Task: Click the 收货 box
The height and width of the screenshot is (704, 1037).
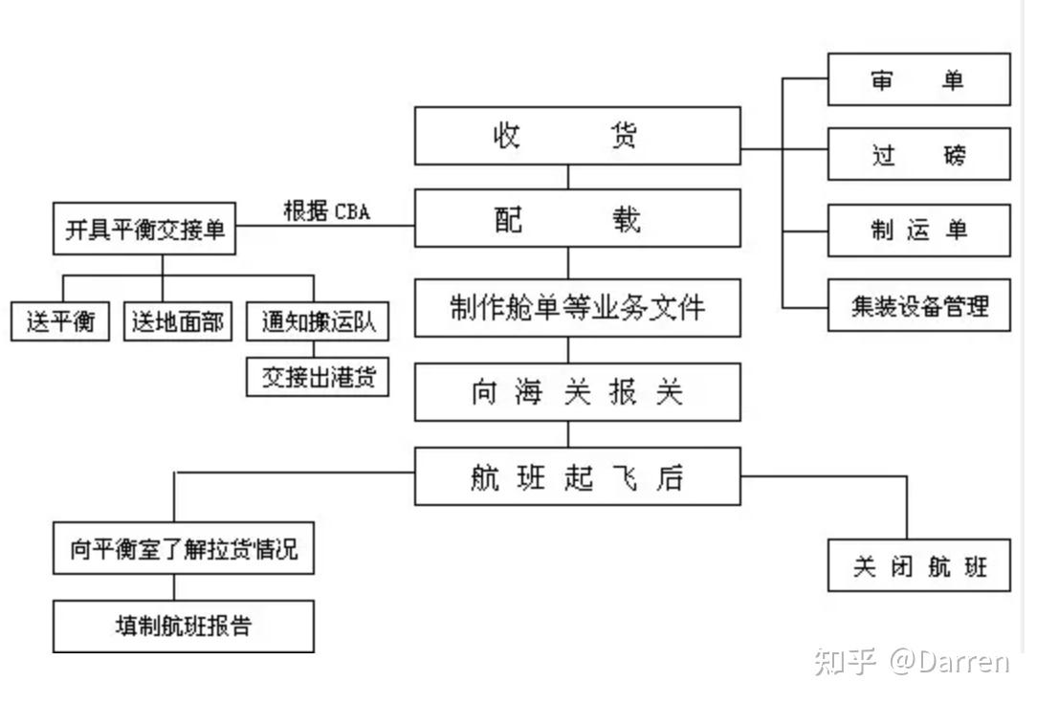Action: [x=577, y=135]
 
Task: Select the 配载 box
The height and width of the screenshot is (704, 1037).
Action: [x=577, y=218]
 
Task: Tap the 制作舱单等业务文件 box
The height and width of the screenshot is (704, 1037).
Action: [x=577, y=307]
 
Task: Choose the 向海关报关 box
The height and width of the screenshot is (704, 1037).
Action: [x=577, y=392]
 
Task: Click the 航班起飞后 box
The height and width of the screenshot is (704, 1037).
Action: [x=577, y=476]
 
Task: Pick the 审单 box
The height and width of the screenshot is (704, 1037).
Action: [x=918, y=79]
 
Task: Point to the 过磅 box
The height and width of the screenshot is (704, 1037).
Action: [x=918, y=154]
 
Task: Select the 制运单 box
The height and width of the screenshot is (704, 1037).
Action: [x=918, y=230]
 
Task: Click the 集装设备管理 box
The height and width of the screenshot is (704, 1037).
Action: [x=918, y=305]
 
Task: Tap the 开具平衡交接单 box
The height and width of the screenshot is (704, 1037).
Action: [x=144, y=231]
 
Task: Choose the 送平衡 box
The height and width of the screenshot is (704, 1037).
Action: [x=61, y=321]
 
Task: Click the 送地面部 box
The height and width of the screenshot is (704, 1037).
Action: [x=178, y=321]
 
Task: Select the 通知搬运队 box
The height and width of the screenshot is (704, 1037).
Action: [x=319, y=321]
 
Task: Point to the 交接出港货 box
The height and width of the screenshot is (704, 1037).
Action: [x=319, y=378]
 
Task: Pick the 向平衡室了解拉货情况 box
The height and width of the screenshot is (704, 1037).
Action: [x=184, y=549]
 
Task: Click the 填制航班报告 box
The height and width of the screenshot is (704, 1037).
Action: [x=184, y=627]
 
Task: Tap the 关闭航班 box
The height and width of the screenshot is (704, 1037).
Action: [x=918, y=566]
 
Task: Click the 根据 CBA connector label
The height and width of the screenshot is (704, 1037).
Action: [x=326, y=211]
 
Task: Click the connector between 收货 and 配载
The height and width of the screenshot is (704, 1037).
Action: [x=568, y=177]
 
